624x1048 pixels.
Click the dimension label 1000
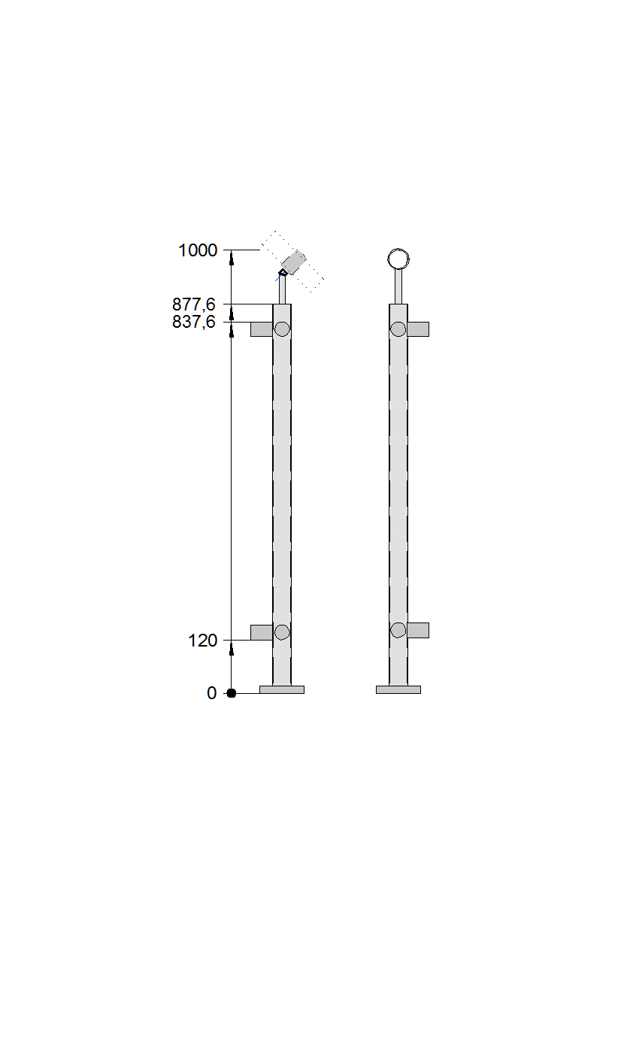point(198,250)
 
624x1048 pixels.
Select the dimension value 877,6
point(194,304)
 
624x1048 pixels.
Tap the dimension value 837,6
point(194,322)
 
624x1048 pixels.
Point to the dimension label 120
point(202,640)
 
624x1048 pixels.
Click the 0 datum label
point(212,693)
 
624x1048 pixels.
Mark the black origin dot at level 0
point(231,693)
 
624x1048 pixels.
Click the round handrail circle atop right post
point(398,249)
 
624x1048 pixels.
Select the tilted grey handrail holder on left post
point(293,262)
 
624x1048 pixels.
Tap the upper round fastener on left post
point(282,329)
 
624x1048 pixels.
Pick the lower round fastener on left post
point(282,632)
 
